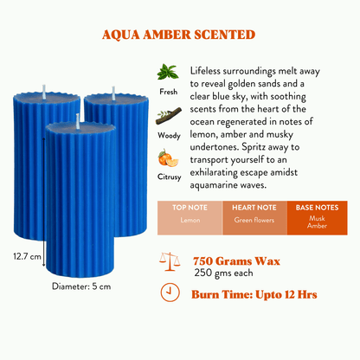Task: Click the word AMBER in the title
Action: coord(167,35)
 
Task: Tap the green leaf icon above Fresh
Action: coord(168,72)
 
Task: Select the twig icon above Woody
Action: coord(169,116)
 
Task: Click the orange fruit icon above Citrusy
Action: coord(168,158)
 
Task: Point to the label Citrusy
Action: coord(170,177)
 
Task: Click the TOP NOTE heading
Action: coord(190,208)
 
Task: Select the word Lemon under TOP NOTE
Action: coord(190,220)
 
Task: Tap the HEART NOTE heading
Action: coord(254,208)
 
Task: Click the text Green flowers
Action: coord(254,220)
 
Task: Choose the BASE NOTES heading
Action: coord(317,208)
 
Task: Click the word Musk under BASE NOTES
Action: coord(317,218)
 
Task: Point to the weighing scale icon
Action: coord(170,261)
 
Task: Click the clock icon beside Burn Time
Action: coord(170,292)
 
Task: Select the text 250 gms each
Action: coord(223,273)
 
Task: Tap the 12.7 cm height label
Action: coord(27,256)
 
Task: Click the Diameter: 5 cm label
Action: coord(81,286)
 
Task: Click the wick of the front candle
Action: coord(78,121)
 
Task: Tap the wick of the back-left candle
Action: coord(44,92)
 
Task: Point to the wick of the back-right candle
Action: coord(113,93)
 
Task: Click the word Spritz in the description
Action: coord(254,147)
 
